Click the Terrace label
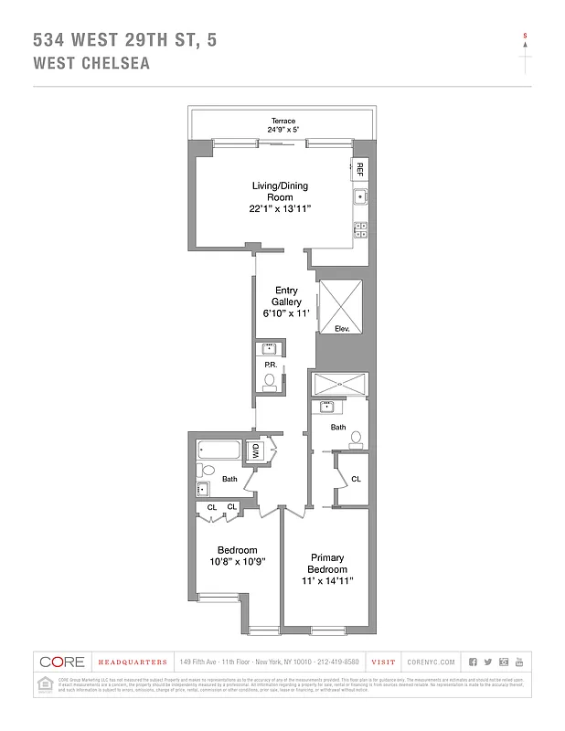(282, 121)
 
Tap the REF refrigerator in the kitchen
(360, 168)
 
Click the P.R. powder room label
(271, 365)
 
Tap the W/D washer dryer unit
(257, 450)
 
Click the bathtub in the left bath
(219, 450)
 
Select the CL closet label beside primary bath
(356, 479)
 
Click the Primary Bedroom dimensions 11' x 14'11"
(326, 580)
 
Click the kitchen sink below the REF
(360, 196)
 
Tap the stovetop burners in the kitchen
(360, 228)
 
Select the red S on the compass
(525, 36)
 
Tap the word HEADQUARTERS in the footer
(133, 662)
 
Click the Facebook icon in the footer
(473, 662)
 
